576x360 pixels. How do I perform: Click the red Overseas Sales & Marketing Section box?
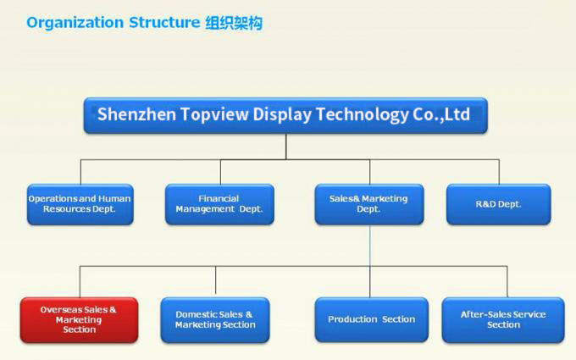tap(80, 320)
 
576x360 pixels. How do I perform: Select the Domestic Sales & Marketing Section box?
tap(215, 320)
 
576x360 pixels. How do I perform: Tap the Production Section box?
tap(371, 319)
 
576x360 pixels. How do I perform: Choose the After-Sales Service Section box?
tap(503, 320)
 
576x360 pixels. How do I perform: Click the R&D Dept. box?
tap(498, 204)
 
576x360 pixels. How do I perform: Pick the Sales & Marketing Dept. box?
tap(369, 204)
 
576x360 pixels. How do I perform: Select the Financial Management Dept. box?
tap(219, 204)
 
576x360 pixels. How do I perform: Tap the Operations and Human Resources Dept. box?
tap(80, 204)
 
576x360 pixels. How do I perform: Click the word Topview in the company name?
tap(214, 114)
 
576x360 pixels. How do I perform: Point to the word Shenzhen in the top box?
tap(136, 114)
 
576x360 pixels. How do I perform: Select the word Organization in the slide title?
tap(75, 23)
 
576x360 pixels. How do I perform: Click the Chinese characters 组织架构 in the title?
tap(234, 23)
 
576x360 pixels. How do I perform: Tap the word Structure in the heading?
tap(164, 22)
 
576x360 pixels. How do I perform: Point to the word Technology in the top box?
tap(363, 114)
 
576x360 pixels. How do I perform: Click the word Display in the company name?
tap(282, 114)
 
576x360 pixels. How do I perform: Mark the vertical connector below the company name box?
tap(285, 147)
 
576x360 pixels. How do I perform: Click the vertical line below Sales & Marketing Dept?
tap(370, 261)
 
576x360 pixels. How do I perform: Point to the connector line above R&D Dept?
tap(499, 172)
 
